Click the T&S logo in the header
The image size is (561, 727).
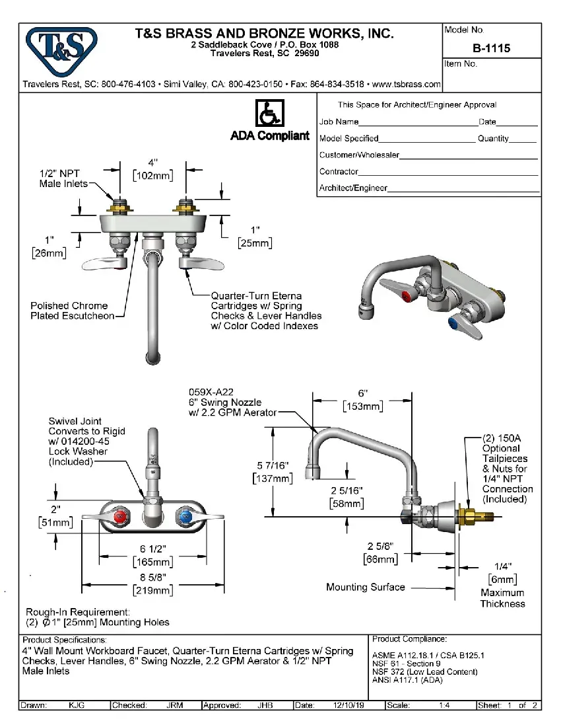pyautogui.click(x=60, y=50)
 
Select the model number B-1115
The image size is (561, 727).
pyautogui.click(x=491, y=48)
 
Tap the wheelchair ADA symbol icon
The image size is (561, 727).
pyautogui.click(x=269, y=114)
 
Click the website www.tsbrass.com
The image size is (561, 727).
pyautogui.click(x=407, y=85)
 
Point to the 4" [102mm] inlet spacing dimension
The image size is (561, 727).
pyautogui.click(x=153, y=169)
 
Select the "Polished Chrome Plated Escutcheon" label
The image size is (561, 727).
pyautogui.click(x=69, y=311)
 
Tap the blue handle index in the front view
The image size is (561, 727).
pyautogui.click(x=183, y=516)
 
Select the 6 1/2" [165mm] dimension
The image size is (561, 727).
pyautogui.click(x=152, y=556)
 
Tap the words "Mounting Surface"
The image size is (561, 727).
pyautogui.click(x=365, y=587)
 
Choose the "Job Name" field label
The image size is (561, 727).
pyautogui.click(x=339, y=122)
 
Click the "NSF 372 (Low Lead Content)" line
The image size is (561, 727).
pyautogui.click(x=424, y=671)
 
